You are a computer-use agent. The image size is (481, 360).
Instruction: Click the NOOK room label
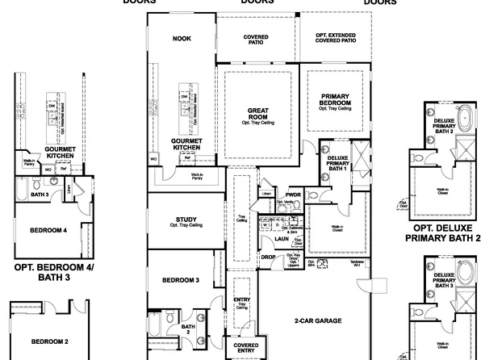(181, 38)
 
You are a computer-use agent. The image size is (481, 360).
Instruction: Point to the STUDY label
(186, 220)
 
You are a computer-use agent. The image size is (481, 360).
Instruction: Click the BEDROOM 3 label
(181, 280)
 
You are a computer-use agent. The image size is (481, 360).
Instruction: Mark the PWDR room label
(292, 194)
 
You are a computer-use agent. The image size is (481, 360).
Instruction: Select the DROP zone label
(268, 257)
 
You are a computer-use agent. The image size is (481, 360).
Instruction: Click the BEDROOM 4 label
(48, 231)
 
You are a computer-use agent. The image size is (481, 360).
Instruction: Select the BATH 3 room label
(39, 195)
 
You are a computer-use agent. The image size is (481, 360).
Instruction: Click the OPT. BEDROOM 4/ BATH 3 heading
(53, 271)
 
